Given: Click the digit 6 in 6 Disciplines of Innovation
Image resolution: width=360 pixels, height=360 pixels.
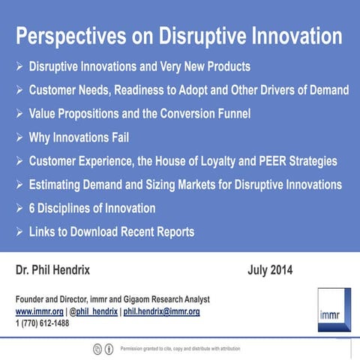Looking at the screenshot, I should (x=33, y=208).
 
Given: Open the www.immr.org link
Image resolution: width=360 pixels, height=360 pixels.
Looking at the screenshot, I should (x=39, y=311).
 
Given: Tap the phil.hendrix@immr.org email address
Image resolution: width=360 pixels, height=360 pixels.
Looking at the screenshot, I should (x=161, y=311).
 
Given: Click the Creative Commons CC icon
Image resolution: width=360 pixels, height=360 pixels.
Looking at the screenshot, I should (x=97, y=349).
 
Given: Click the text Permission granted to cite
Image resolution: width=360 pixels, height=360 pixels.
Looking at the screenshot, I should (x=150, y=349).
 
